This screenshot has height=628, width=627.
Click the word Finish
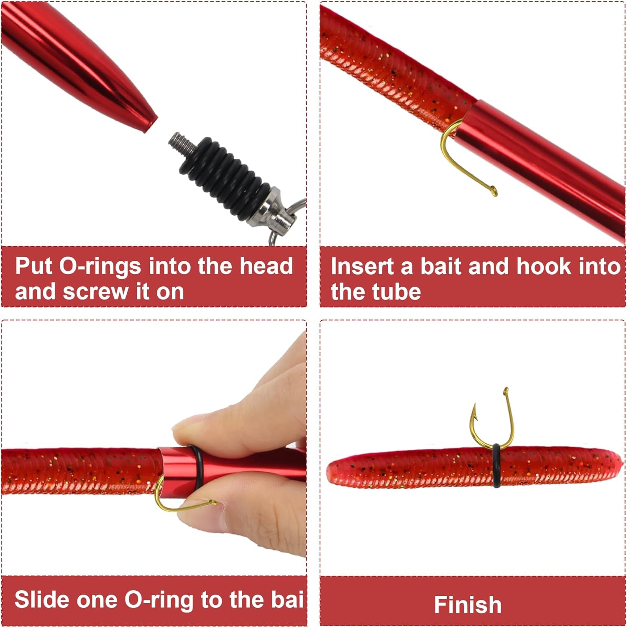tap(468, 605)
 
